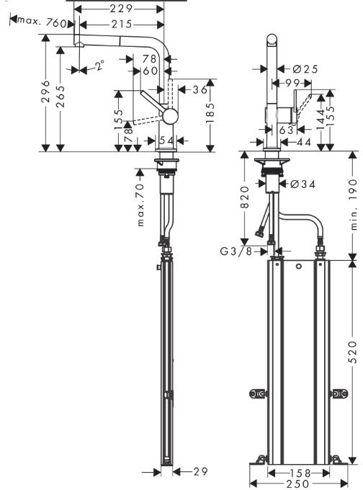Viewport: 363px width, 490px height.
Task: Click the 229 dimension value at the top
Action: (121, 9)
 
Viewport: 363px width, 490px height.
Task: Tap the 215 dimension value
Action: (121, 24)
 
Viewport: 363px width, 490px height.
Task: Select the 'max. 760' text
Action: (42, 22)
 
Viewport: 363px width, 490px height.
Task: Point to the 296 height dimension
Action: (46, 92)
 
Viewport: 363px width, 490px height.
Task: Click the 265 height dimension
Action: (60, 97)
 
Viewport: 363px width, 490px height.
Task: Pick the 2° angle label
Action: (99, 66)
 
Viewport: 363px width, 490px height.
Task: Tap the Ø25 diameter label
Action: (305, 69)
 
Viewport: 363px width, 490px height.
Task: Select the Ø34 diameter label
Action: (302, 184)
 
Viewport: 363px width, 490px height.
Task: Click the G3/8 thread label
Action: (236, 251)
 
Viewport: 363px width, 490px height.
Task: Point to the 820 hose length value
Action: (245, 197)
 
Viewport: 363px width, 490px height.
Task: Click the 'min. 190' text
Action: (353, 205)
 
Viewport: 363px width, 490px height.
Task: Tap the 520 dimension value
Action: (353, 352)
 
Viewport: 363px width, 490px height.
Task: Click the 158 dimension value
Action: (299, 473)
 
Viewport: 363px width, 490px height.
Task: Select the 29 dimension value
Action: (200, 471)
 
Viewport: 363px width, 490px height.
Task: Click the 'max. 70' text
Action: (140, 205)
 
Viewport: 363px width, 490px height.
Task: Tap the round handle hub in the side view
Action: (170, 116)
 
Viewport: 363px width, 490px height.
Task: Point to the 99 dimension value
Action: (292, 83)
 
